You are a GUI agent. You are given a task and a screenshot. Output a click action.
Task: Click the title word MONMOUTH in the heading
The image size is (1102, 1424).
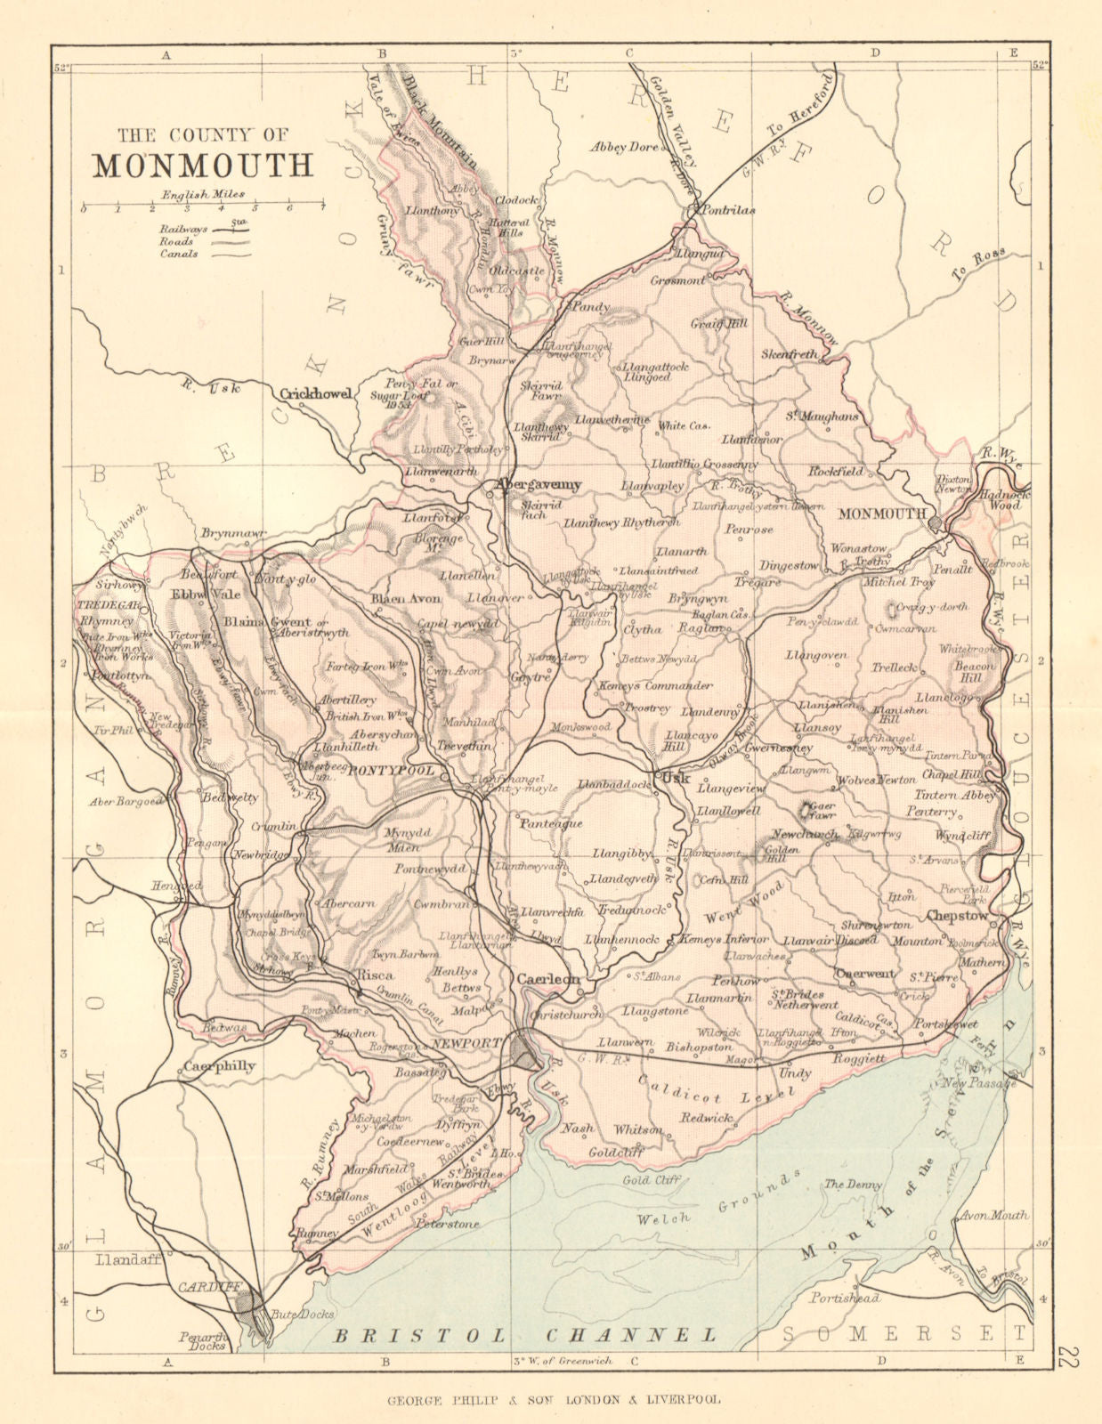pyautogui.click(x=204, y=166)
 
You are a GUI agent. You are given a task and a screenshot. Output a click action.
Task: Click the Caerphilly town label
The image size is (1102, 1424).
pyautogui.click(x=220, y=1066)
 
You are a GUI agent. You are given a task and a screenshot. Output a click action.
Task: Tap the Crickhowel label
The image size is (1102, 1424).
pyautogui.click(x=316, y=393)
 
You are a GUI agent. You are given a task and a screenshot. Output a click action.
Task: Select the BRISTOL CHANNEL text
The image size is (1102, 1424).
pyautogui.click(x=523, y=1335)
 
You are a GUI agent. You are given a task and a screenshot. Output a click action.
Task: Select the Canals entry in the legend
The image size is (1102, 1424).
pyautogui.click(x=179, y=255)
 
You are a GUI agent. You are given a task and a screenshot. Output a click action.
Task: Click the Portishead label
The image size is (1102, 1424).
pyautogui.click(x=845, y=1299)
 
